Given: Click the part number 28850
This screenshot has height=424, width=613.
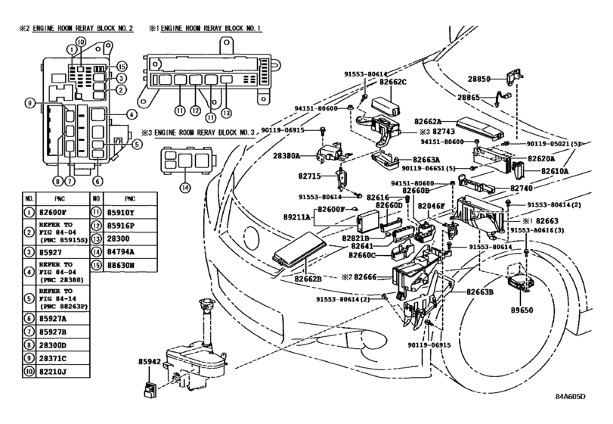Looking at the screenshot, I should pyautogui.click(x=480, y=78).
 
